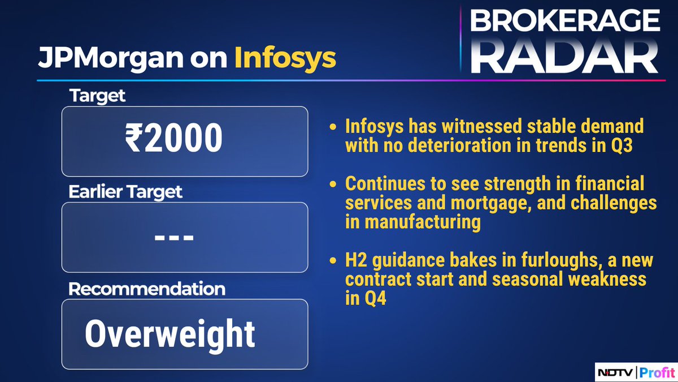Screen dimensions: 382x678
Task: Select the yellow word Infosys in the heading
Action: (x=285, y=59)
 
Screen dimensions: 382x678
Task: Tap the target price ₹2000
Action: (x=173, y=139)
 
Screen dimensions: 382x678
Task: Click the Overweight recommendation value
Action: (x=169, y=333)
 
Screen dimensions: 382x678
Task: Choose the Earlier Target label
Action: (x=125, y=191)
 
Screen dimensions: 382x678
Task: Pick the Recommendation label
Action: (x=146, y=289)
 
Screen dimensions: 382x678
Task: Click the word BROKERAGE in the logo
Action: (x=565, y=22)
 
